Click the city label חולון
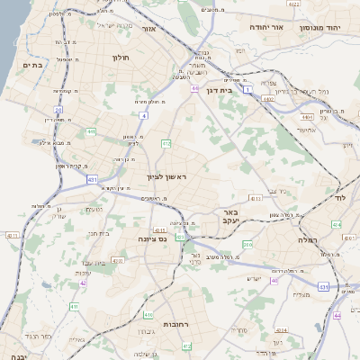(121, 58)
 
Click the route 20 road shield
(58, 110)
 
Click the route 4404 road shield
(307, 116)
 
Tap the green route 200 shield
(247, 245)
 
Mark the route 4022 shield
(293, 4)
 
